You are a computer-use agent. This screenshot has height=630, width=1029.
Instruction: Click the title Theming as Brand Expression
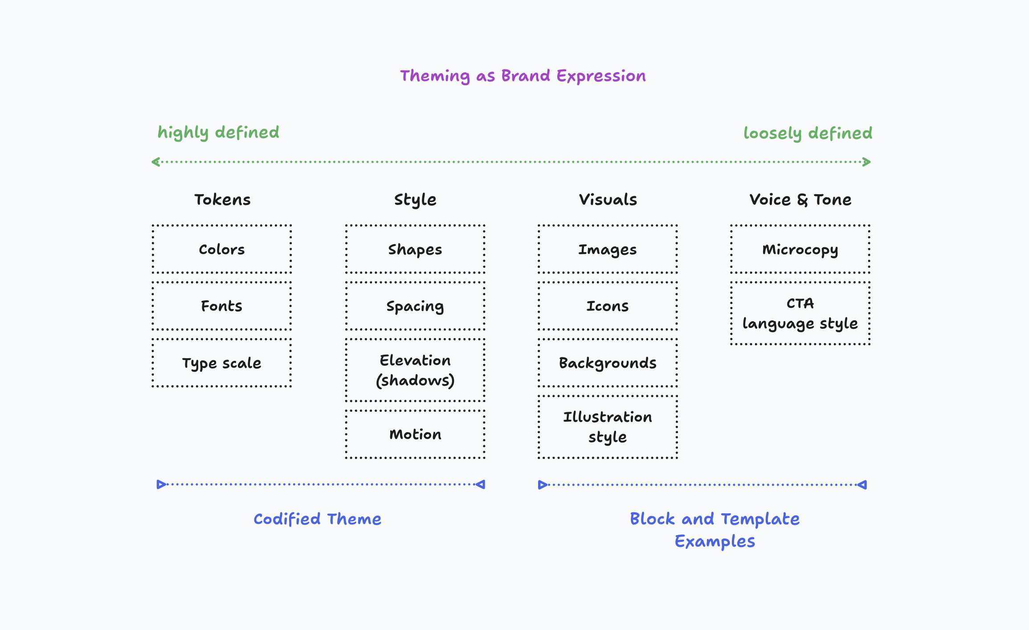pyautogui.click(x=523, y=76)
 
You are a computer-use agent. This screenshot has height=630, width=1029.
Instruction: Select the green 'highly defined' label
pyautogui.click(x=218, y=132)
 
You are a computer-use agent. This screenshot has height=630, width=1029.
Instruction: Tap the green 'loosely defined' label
pyautogui.click(x=808, y=133)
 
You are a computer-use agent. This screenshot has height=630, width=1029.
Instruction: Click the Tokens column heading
pyautogui.click(x=222, y=200)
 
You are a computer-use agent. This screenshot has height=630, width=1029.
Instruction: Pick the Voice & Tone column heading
pyautogui.click(x=800, y=200)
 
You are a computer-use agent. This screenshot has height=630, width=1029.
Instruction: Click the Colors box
pyautogui.click(x=222, y=250)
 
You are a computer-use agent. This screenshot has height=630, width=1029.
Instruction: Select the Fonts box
pyautogui.click(x=222, y=306)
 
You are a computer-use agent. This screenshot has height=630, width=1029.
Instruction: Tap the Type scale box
pyautogui.click(x=222, y=363)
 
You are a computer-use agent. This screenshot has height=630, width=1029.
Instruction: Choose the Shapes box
pyautogui.click(x=415, y=250)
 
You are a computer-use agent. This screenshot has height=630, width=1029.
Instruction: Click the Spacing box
pyautogui.click(x=415, y=306)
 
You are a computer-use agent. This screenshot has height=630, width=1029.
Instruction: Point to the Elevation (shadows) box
pyautogui.click(x=415, y=370)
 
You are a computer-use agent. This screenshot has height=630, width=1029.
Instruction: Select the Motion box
pyautogui.click(x=415, y=434)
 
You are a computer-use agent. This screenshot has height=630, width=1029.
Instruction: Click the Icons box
pyautogui.click(x=608, y=306)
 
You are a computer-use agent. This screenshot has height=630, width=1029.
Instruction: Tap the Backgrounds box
pyautogui.click(x=608, y=363)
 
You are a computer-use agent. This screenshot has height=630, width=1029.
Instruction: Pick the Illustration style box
pyautogui.click(x=608, y=427)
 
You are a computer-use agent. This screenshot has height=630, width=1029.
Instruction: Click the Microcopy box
pyautogui.click(x=800, y=250)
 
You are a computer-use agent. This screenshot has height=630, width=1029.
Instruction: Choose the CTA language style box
pyautogui.click(x=800, y=313)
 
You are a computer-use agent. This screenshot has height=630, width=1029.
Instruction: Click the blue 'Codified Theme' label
pyautogui.click(x=317, y=519)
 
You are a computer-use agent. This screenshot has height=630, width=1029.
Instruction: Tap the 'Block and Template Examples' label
pyautogui.click(x=715, y=530)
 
